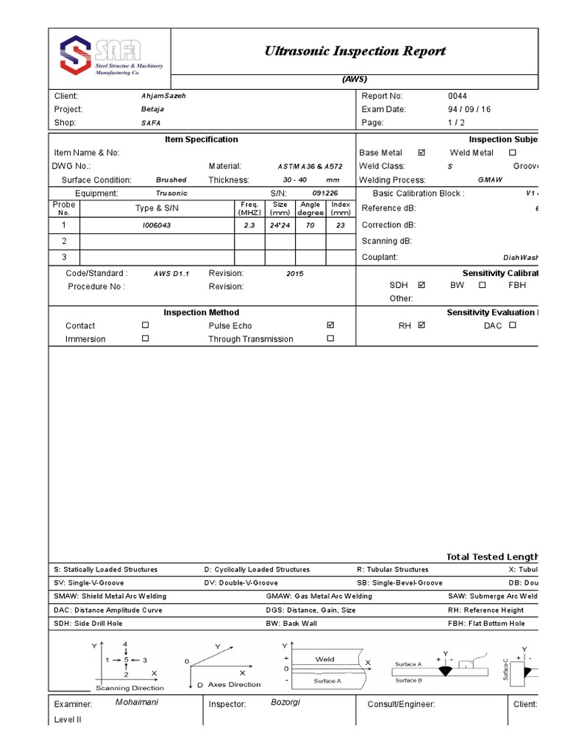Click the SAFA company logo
click(110, 57)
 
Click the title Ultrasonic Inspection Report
click(355, 51)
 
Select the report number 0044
click(457, 96)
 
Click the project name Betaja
click(152, 110)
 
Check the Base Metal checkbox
click(422, 153)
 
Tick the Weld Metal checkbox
click(513, 153)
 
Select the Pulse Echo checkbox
click(330, 325)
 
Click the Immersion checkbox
click(145, 339)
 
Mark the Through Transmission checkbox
click(330, 339)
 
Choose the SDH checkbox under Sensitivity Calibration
click(422, 284)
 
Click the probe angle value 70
click(310, 226)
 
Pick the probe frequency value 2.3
click(250, 226)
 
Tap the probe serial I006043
click(156, 226)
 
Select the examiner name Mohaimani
click(137, 702)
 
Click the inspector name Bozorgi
click(285, 702)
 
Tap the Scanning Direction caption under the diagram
click(130, 688)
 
